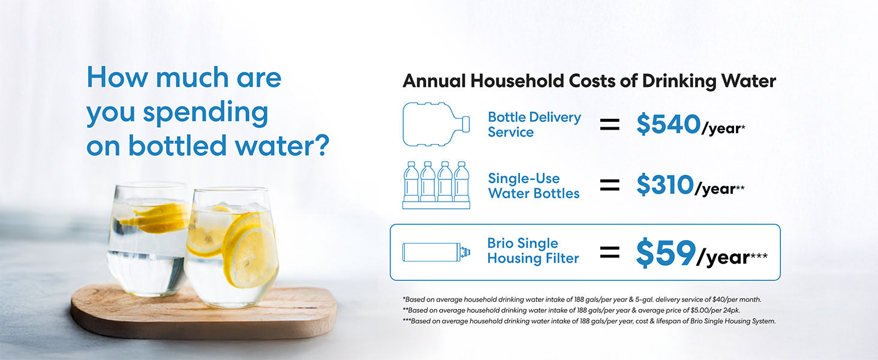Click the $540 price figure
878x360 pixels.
point(668,124)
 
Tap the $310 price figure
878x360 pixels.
point(665,185)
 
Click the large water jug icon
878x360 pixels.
point(436,124)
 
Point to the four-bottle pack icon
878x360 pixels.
point(436,185)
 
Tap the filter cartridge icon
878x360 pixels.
point(436,252)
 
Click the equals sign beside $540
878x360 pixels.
point(610,125)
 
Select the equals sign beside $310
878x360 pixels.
point(610,185)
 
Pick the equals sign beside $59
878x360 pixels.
point(610,252)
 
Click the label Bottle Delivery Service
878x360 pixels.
point(534,124)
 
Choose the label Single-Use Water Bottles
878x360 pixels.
point(534,185)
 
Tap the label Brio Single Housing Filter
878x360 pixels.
point(533,251)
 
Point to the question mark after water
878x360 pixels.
point(320,145)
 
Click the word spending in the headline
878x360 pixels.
point(205,113)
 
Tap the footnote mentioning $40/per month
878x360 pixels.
point(582,299)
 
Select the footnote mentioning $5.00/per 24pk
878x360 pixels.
point(572,310)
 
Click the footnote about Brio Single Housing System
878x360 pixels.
point(589,321)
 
